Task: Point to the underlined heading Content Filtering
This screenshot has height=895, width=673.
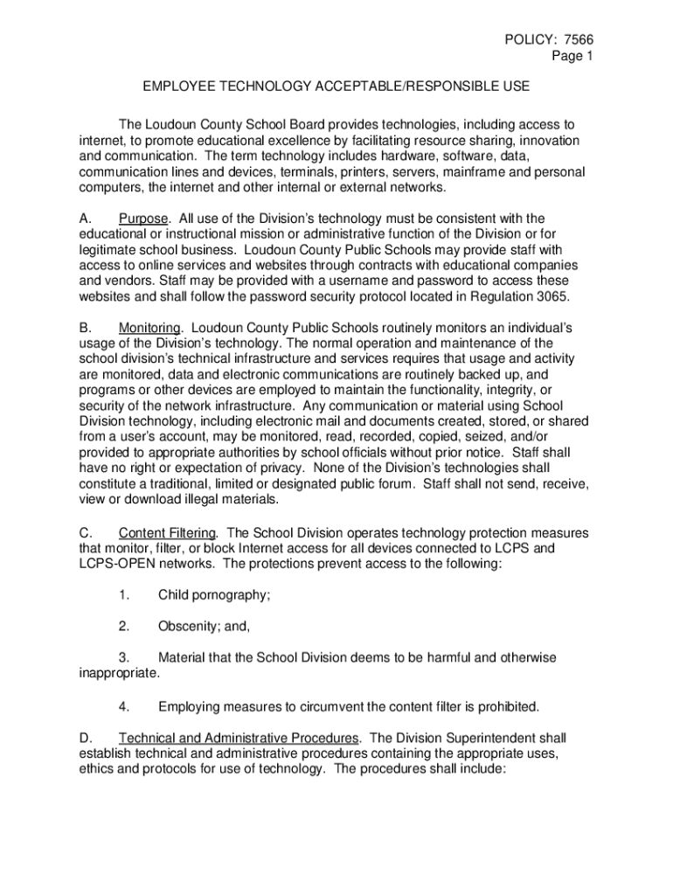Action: click(x=169, y=532)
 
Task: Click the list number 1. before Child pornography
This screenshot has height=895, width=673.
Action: click(x=124, y=595)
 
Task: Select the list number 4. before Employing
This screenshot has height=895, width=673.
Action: click(x=124, y=704)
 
